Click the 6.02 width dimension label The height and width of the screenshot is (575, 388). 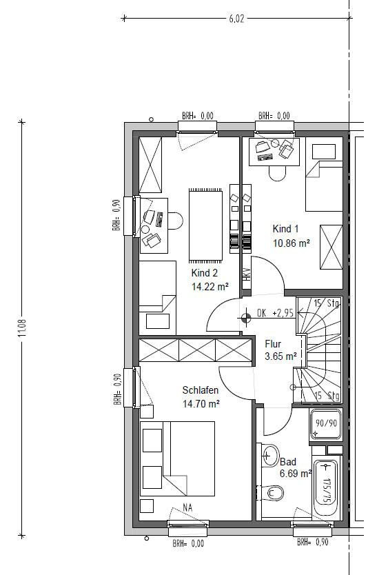(236, 19)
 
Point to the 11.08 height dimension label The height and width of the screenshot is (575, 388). (23, 328)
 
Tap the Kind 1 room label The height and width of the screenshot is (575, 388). (285, 229)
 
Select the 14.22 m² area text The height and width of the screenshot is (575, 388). (210, 286)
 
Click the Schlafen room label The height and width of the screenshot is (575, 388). (201, 390)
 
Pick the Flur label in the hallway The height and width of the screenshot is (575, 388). (273, 344)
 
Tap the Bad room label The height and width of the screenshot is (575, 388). (288, 462)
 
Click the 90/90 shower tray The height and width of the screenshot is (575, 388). (326, 423)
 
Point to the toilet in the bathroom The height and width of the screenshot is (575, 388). (273, 492)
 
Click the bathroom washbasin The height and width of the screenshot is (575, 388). (269, 455)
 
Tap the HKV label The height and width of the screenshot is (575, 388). (247, 274)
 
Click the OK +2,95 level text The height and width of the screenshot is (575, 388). (275, 313)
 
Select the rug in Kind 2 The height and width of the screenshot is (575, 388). (205, 225)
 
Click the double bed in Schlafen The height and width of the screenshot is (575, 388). (177, 458)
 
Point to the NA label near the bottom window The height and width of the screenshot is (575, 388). (187, 507)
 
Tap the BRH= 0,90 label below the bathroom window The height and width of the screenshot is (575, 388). (312, 542)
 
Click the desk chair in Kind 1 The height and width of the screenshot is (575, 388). (277, 173)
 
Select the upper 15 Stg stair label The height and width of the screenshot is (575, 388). (327, 303)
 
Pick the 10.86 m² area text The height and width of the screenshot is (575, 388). (292, 243)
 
